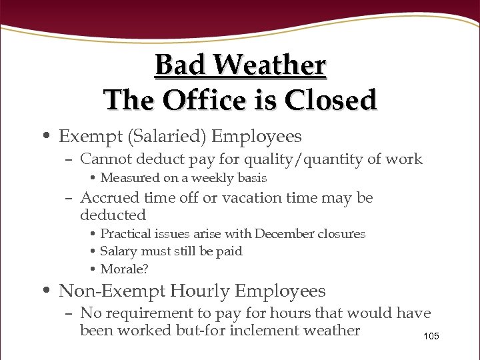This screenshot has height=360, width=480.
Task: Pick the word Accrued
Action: (108, 198)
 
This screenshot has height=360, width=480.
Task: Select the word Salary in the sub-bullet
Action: (119, 251)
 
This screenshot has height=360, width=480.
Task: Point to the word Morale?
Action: (125, 269)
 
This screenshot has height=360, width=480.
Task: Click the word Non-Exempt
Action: (111, 291)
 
